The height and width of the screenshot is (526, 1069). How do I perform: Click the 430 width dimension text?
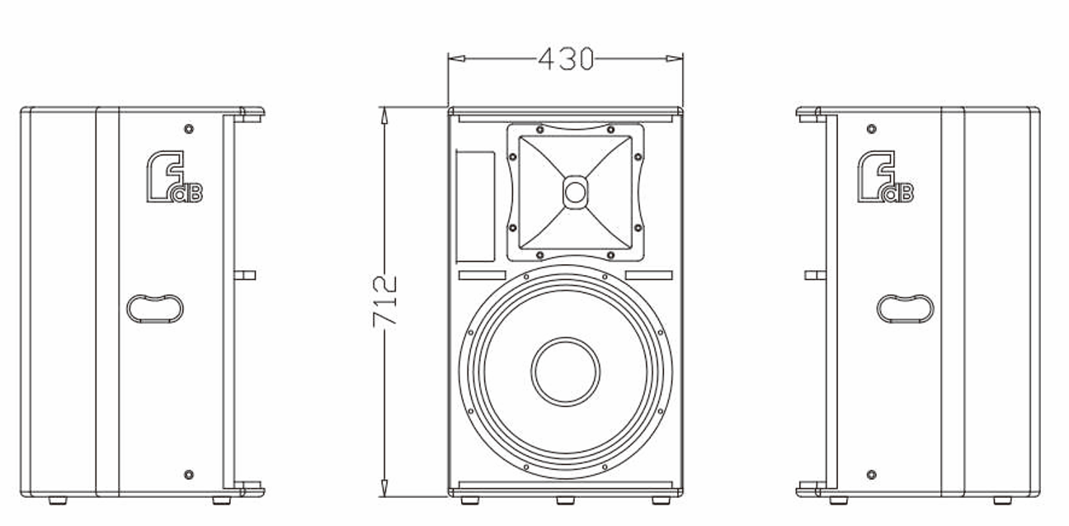pos(566,59)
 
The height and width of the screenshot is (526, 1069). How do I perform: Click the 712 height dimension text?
pos(384,301)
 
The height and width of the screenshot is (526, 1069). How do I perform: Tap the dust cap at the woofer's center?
pos(566,372)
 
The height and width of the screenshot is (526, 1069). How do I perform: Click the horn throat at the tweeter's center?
pos(575,192)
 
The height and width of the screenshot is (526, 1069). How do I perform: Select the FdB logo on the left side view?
pos(174,177)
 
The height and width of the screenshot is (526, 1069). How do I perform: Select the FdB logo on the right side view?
pos(885,177)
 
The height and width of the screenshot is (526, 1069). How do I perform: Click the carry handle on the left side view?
pos(155,309)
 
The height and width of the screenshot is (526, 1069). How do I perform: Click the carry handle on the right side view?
pos(906,309)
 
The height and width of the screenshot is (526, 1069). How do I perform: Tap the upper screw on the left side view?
pos(189,129)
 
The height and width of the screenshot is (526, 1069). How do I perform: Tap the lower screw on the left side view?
pos(189,475)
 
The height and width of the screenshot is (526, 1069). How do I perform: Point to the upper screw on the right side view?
pos(871,129)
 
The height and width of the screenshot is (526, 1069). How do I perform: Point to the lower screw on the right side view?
pos(871,475)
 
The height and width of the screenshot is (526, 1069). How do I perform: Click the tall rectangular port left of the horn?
pos(475,207)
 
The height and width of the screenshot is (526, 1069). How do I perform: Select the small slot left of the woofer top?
pos(482,275)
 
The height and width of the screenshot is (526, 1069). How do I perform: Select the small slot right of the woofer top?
pos(648,275)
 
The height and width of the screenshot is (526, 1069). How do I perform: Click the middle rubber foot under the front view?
pos(566,500)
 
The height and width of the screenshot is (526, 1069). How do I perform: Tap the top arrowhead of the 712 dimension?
pos(384,116)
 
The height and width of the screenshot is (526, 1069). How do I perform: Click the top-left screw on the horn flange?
pos(539,130)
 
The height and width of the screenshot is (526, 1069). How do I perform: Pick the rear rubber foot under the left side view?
pos(58,500)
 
